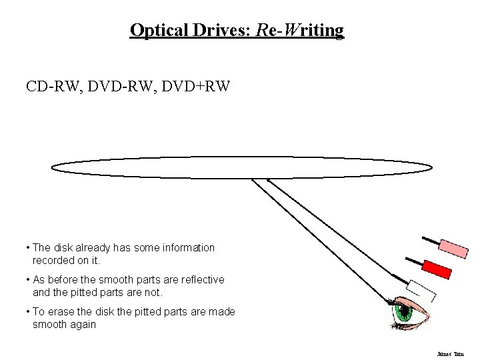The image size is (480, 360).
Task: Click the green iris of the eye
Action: tap(404, 311)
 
